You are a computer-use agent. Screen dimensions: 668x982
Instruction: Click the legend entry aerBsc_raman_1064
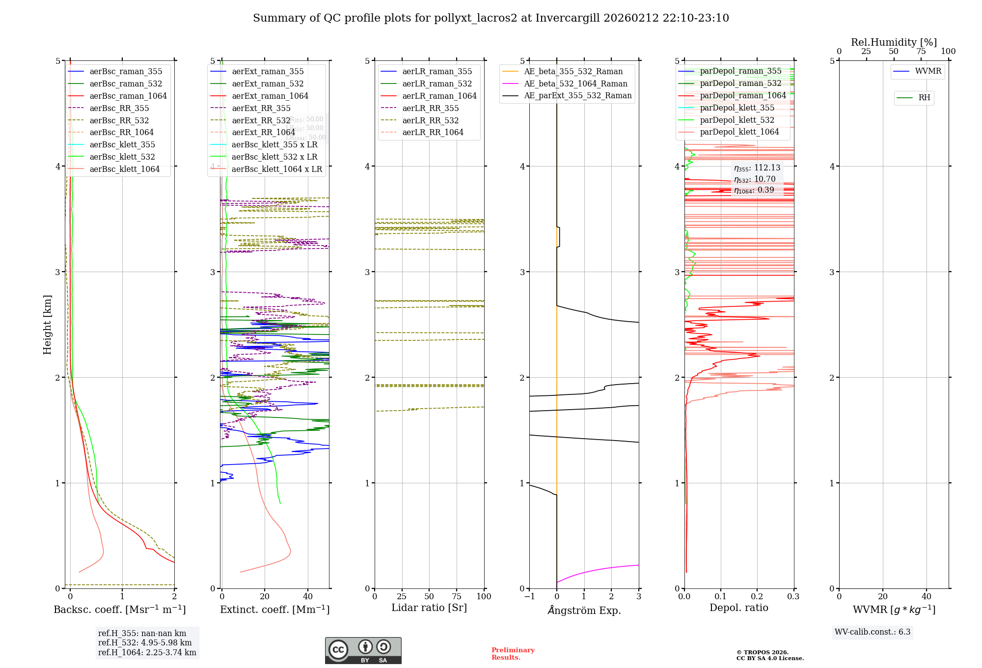pos(128,96)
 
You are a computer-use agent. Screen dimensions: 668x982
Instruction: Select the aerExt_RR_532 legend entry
pos(261,120)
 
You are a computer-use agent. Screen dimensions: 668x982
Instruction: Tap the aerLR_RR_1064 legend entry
pos(433,133)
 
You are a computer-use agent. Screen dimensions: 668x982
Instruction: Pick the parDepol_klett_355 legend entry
pos(736,108)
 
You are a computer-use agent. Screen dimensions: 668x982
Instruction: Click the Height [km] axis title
pos(47,325)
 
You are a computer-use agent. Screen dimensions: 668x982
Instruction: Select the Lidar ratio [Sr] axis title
pos(429,608)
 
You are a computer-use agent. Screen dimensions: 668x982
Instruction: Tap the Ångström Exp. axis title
pos(584,611)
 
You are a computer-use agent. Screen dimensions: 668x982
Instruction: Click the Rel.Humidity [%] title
pos(894,42)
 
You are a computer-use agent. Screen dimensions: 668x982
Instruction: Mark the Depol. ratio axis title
pos(738,608)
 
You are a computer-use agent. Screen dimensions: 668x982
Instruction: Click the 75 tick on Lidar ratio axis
pos(457,597)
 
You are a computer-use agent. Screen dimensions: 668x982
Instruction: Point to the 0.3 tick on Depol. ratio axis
pos(793,597)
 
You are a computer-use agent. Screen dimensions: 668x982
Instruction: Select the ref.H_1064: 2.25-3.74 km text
pos(147,653)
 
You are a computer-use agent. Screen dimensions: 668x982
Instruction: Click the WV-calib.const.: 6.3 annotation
pos(873,632)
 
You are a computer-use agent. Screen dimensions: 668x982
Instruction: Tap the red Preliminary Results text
pos(513,654)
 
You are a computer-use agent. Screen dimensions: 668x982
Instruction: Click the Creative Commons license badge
pos(363,651)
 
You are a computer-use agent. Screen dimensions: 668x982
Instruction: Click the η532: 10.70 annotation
pos(755,179)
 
